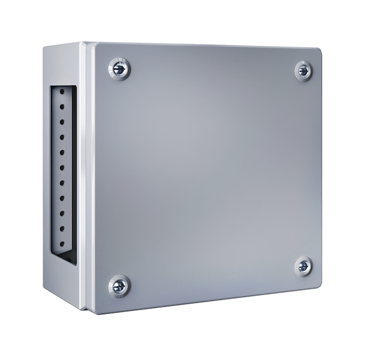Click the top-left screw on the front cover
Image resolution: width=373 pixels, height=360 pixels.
[x=119, y=69]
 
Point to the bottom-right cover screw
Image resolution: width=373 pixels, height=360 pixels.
[x=303, y=266]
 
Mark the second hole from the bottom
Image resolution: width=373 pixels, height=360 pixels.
[x=62, y=228]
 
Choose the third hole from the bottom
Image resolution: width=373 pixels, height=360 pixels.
[x=62, y=213]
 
